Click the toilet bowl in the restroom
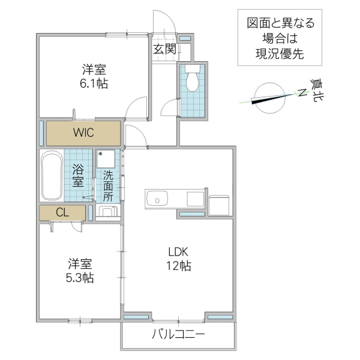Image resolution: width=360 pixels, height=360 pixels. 193,81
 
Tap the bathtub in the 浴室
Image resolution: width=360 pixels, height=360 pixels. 52,178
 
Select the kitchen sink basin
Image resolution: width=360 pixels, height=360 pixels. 157,197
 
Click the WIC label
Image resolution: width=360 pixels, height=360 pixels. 83,133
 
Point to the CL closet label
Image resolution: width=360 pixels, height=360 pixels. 62,212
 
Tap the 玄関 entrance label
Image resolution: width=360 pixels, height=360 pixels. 164,49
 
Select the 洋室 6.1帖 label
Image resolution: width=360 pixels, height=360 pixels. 94,76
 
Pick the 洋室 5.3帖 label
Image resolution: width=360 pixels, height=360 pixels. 80,271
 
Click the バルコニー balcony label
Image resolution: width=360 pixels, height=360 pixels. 178,335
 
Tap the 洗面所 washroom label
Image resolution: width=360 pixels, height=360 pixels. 108,185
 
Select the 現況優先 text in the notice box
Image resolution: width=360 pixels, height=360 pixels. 276,53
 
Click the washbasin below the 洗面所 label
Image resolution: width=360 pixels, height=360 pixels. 108,212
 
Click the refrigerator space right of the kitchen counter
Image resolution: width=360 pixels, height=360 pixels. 219,203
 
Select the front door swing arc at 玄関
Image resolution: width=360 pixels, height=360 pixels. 166,22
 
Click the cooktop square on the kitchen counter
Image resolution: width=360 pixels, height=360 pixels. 196,198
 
